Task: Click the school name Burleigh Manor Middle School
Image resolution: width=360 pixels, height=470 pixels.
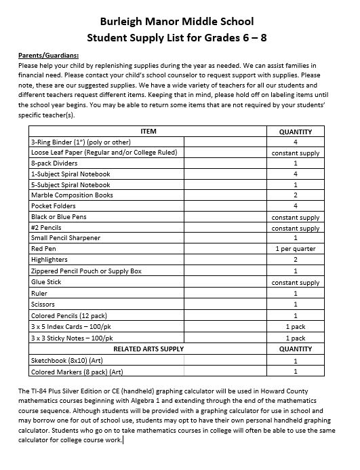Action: (180, 21)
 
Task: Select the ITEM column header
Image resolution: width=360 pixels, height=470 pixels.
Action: (148, 131)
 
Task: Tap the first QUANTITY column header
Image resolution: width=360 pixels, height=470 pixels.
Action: (295, 132)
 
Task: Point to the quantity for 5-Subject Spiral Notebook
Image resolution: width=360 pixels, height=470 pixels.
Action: (295, 184)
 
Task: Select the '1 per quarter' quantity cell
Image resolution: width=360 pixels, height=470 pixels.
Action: (295, 249)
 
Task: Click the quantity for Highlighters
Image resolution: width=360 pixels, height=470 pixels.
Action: (295, 260)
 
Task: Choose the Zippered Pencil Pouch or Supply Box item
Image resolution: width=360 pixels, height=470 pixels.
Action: (86, 271)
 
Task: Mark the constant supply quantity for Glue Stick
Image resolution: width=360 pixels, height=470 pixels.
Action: (295, 282)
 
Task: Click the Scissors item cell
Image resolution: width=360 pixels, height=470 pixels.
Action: (44, 304)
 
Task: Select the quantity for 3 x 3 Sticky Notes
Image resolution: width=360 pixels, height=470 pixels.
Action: (295, 337)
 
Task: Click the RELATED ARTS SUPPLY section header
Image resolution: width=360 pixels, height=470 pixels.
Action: (148, 349)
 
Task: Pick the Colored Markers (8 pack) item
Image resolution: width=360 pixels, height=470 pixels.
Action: (76, 371)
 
